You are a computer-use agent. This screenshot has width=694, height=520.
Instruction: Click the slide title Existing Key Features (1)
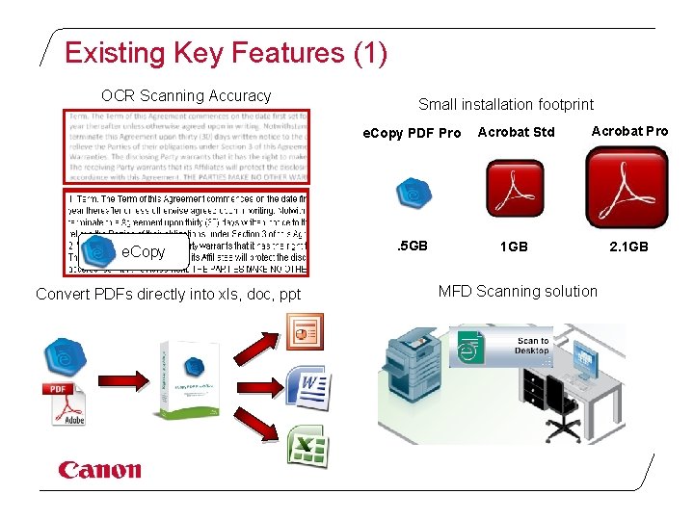pyautogui.click(x=226, y=53)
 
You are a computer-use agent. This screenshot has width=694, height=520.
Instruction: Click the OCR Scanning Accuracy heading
pyautogui.click(x=186, y=95)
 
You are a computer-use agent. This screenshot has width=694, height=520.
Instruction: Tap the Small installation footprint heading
pyautogui.click(x=505, y=104)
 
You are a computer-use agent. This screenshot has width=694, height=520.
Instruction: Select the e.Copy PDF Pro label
pyautogui.click(x=411, y=133)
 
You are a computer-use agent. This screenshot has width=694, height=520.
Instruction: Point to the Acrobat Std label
pyautogui.click(x=516, y=132)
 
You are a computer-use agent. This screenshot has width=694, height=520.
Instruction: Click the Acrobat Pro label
pyautogui.click(x=628, y=131)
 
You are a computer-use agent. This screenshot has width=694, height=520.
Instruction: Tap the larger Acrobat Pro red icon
pyautogui.click(x=627, y=188)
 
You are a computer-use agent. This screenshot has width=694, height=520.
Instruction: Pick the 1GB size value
pyautogui.click(x=514, y=247)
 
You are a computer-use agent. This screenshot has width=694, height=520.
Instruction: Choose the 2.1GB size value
pyautogui.click(x=628, y=247)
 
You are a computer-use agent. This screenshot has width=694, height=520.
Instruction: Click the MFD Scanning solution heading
pyautogui.click(x=518, y=291)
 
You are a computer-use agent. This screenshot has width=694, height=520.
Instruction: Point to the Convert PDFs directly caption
pyautogui.click(x=168, y=294)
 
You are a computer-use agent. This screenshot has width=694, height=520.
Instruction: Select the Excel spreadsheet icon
pyautogui.click(x=307, y=446)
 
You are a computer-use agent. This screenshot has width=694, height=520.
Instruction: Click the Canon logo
pyautogui.click(x=99, y=470)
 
